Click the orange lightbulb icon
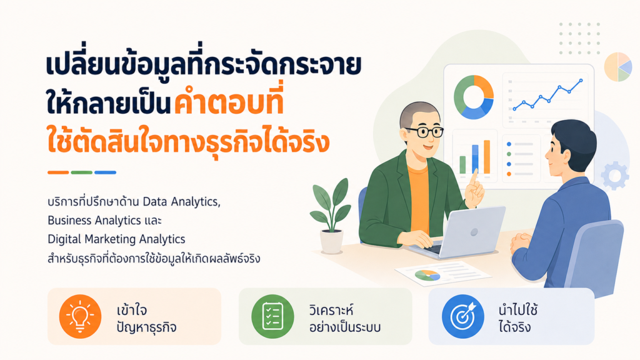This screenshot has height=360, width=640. (80, 316)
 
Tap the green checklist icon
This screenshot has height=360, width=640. (272, 316)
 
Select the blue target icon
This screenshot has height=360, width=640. (463, 316)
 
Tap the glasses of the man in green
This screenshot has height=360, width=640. (423, 132)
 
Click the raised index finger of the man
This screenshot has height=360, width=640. (474, 178)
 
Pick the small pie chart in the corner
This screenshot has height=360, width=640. (618, 66)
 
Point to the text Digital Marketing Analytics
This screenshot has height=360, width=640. (116, 239)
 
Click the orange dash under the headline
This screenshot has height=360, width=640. (58, 172)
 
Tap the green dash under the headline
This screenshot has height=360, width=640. (82, 172)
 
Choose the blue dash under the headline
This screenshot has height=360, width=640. (105, 172)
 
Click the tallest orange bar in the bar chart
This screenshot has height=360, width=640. (486, 157)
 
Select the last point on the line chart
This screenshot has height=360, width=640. (581, 81)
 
